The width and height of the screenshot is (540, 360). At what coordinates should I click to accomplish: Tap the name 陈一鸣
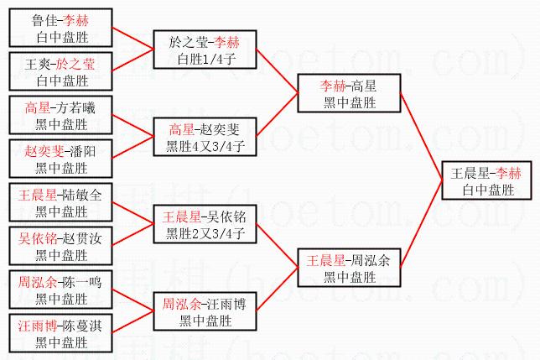pyautogui.click(x=80, y=283)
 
